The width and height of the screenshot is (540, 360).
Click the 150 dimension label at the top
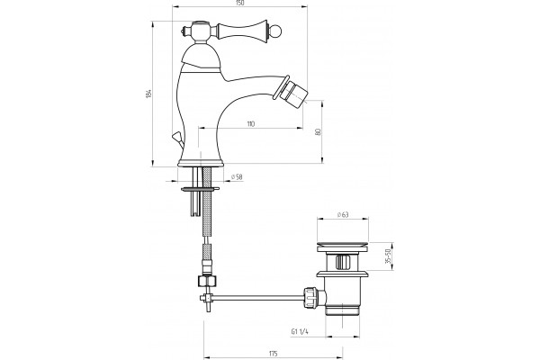pyautogui.click(x=239, y=3)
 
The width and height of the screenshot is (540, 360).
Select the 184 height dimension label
pyautogui.click(x=148, y=94)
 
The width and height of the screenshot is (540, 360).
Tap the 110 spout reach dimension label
pyautogui.click(x=251, y=124)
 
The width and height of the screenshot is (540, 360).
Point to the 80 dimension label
pyautogui.click(x=318, y=131)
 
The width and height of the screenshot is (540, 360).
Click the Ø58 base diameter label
pyautogui.click(x=237, y=177)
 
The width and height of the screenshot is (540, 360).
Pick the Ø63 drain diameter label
pyautogui.click(x=343, y=214)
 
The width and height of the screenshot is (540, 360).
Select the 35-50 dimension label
pyautogui.click(x=388, y=256)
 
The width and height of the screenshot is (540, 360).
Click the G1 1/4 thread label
pyautogui.click(x=300, y=332)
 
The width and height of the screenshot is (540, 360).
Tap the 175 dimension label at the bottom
pyautogui.click(x=273, y=354)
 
